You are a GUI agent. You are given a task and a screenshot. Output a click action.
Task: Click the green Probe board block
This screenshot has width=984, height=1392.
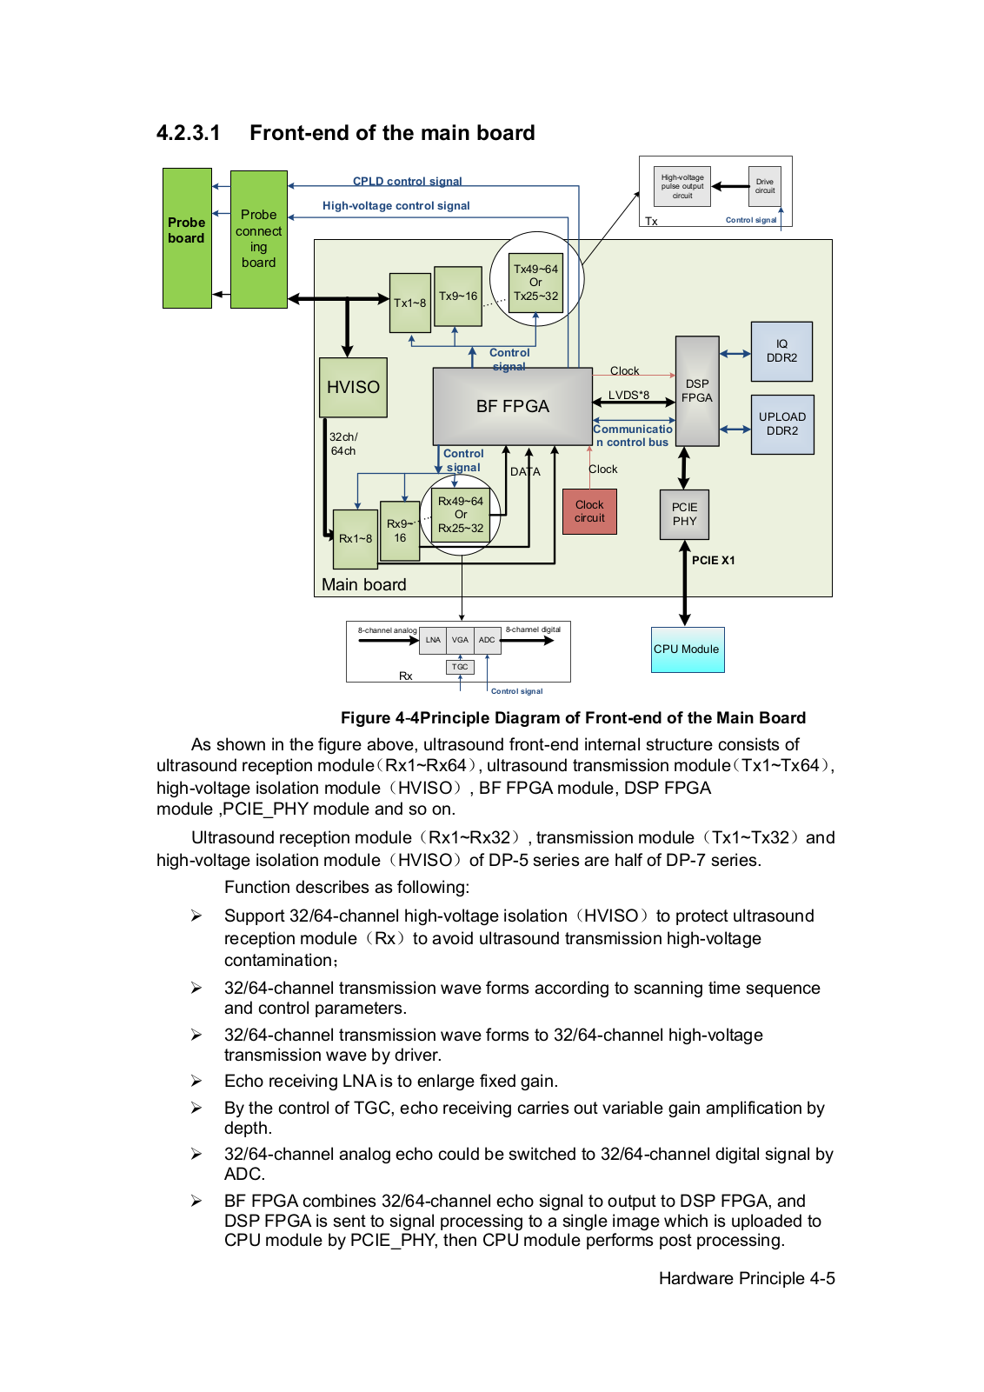(x=187, y=238)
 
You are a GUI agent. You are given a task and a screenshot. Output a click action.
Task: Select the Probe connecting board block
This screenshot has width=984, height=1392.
(x=258, y=239)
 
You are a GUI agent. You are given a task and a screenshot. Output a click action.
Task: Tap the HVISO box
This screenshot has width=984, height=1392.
(x=353, y=387)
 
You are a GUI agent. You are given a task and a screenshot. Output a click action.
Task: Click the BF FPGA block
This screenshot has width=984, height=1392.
(x=513, y=406)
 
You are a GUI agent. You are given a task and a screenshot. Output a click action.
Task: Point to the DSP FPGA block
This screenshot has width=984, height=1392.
(x=697, y=390)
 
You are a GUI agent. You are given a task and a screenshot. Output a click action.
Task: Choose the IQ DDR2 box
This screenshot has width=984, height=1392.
(x=781, y=351)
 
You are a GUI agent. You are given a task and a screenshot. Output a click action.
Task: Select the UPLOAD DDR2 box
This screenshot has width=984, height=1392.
(x=782, y=424)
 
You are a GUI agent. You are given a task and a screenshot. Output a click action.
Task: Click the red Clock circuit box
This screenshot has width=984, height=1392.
(x=589, y=511)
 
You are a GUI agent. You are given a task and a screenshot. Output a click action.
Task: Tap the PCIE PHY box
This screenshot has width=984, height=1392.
(x=684, y=514)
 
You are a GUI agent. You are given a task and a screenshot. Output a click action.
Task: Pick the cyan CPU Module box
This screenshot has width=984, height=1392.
(x=687, y=649)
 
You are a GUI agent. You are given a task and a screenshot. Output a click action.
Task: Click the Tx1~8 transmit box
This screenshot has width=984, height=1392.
(x=410, y=303)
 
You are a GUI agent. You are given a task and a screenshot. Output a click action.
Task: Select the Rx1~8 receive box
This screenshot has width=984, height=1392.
(x=356, y=538)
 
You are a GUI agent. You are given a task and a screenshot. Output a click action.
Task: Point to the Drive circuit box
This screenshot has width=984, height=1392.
(x=765, y=186)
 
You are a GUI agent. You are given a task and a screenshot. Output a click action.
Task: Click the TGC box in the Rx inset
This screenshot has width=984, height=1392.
(x=460, y=667)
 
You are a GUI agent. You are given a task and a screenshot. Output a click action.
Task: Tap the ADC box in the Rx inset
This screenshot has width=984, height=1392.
(x=487, y=640)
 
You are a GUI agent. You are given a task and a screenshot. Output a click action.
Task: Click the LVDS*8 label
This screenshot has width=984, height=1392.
(x=628, y=395)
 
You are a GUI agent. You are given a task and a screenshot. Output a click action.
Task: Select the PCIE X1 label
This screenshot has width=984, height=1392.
(x=713, y=561)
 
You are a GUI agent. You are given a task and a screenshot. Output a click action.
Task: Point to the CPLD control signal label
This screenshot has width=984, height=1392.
(x=407, y=181)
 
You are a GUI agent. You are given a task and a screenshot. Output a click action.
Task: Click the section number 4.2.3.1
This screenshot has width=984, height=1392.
(x=188, y=133)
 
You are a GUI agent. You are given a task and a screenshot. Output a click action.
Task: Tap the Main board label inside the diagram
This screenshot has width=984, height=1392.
(x=363, y=584)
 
